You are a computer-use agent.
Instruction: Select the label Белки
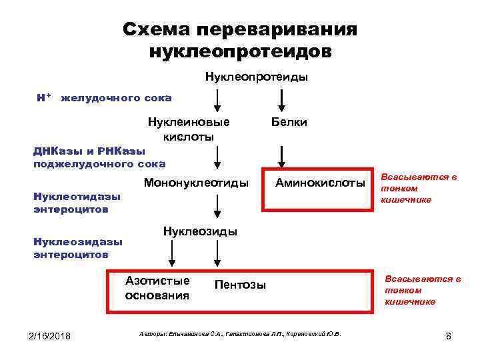coord(289,122)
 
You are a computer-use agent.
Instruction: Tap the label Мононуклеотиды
coord(195,182)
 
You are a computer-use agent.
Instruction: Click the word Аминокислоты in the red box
coord(321,182)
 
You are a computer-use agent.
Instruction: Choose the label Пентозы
coord(240,285)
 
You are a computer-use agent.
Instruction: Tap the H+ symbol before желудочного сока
coord(44,98)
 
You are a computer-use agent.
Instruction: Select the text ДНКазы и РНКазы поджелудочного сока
coord(100,157)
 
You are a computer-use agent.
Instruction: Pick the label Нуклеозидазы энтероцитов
coord(78,248)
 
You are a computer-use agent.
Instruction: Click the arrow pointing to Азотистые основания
coord(173,253)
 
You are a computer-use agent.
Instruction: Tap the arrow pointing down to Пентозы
coord(216,253)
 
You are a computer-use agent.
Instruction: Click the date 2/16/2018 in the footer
coord(49,335)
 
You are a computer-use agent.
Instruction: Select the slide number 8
coord(449,336)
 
